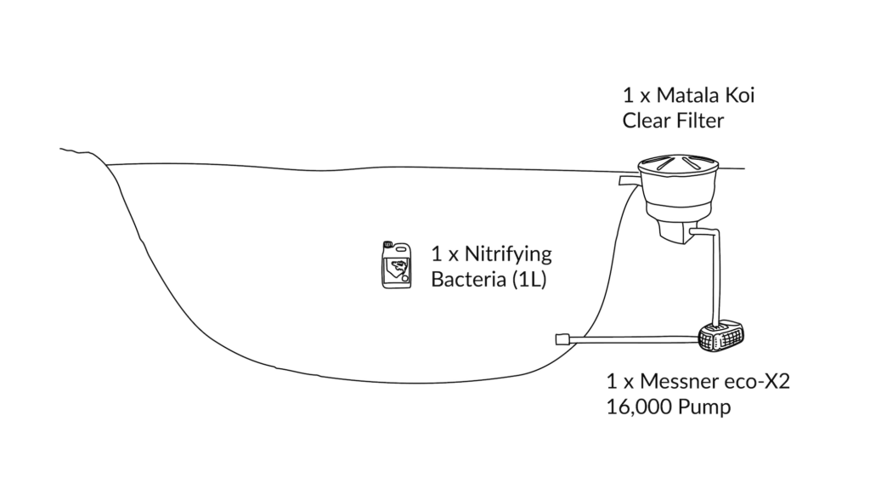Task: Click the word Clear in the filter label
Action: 645,121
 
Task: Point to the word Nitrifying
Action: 508,254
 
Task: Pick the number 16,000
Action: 639,407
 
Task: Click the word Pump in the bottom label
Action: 704,408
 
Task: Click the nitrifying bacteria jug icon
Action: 396,264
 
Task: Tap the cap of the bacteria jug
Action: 387,244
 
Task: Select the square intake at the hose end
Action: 563,338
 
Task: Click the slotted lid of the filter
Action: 678,164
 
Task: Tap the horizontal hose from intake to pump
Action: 635,339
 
